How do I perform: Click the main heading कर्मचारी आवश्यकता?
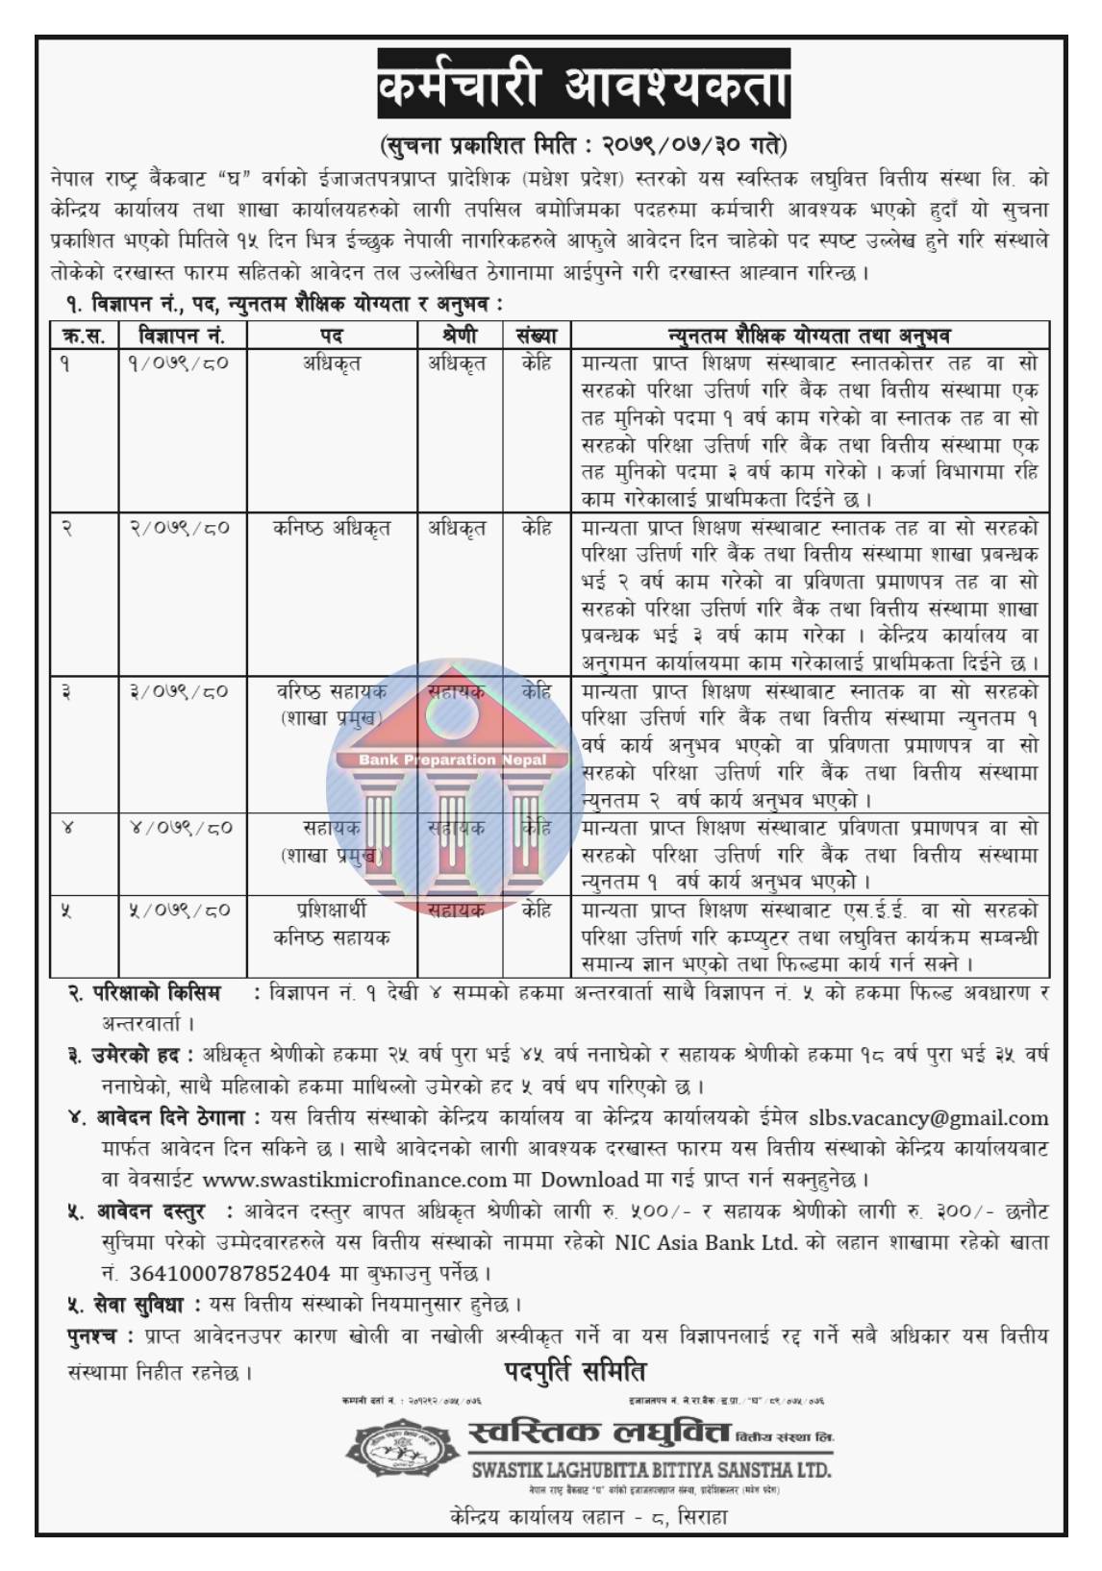click(583, 89)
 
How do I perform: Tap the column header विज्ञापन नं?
click(182, 336)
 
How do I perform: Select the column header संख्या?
click(537, 336)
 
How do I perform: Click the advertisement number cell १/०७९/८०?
click(180, 363)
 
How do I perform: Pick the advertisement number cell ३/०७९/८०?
click(180, 691)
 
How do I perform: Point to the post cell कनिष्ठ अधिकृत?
click(332, 528)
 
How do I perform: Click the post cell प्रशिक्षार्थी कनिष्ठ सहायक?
click(332, 922)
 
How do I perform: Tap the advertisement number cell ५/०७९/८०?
click(180, 910)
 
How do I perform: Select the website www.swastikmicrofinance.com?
click(355, 1179)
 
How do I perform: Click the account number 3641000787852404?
click(229, 1273)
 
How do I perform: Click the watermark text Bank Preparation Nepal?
click(452, 760)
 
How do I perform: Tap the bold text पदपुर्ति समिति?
click(575, 1371)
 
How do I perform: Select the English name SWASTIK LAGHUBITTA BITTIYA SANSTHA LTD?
click(650, 1470)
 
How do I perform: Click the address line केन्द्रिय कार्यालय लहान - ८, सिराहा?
click(588, 1517)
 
